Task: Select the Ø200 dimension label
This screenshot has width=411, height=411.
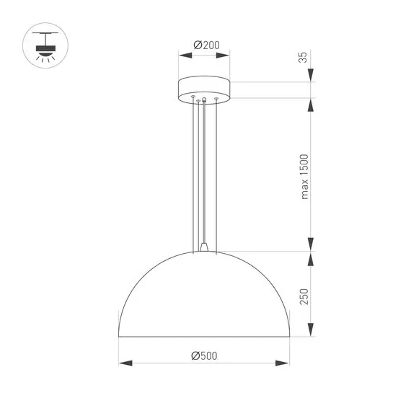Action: [206, 45]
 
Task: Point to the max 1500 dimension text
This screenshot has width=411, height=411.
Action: [304, 177]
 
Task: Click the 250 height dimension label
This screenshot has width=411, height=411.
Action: [304, 296]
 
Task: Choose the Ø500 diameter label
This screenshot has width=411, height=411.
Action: [205, 355]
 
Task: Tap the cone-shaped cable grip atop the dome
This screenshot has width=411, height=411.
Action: [205, 247]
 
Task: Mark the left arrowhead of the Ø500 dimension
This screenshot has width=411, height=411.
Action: [123, 363]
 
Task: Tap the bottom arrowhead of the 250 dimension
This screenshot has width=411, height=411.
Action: [311, 333]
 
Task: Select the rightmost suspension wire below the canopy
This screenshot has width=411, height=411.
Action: [216, 173]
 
